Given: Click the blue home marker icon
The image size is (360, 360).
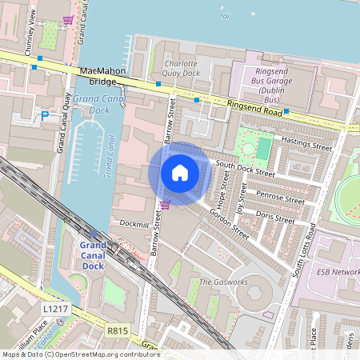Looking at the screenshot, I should [180, 172].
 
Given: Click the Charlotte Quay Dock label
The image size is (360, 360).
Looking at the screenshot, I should [181, 68].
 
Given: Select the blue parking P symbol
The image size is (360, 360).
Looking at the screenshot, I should [45, 116].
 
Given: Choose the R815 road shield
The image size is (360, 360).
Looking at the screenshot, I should [117, 329].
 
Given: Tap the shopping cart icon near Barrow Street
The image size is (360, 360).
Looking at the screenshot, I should [164, 205].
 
